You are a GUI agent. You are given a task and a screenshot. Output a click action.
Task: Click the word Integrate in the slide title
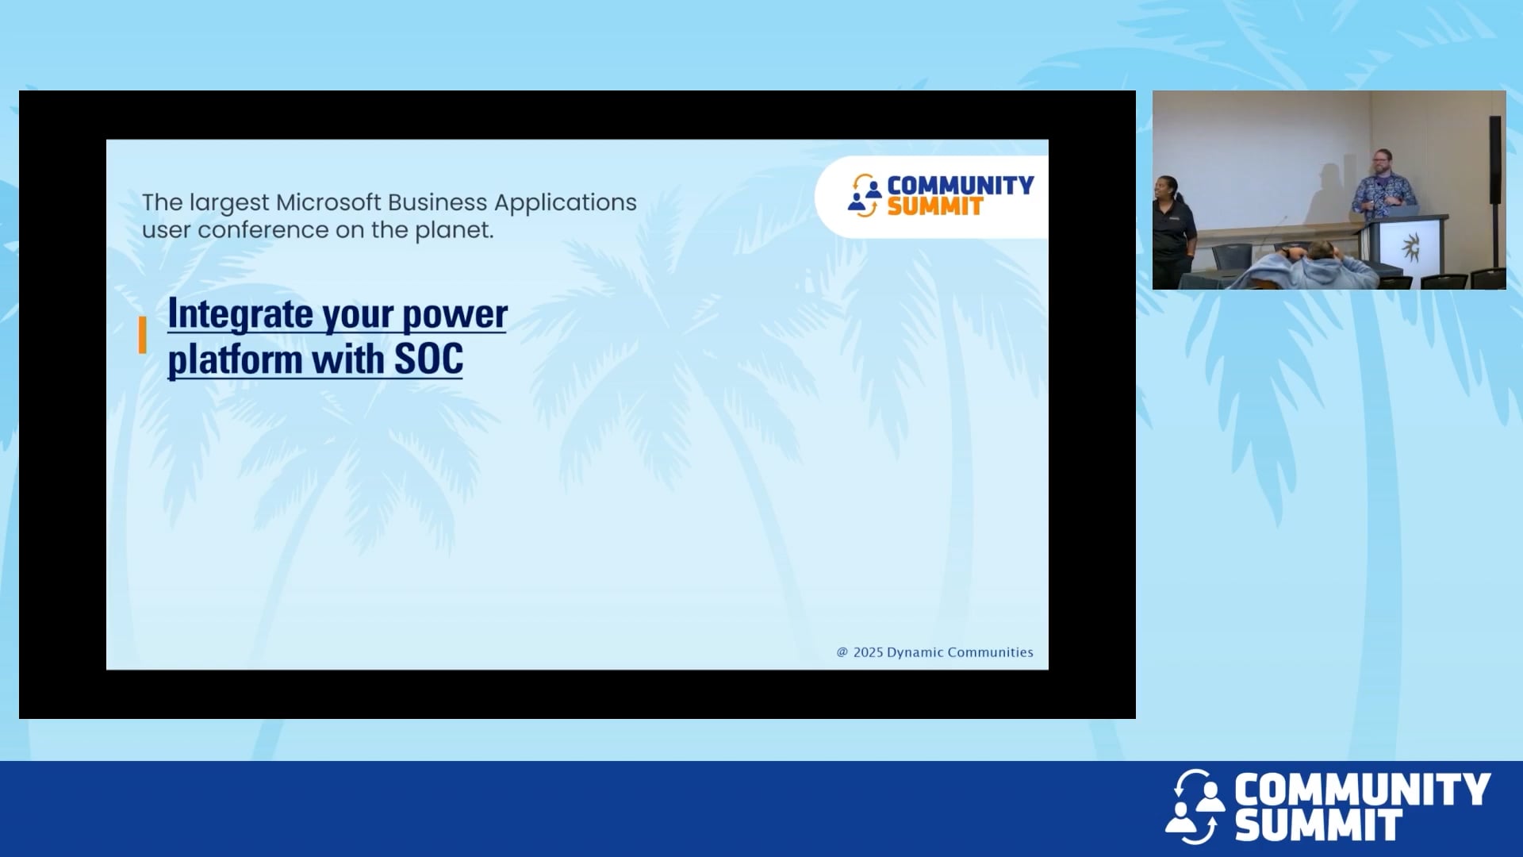(x=240, y=314)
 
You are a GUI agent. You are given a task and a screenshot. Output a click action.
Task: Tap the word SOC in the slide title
(x=428, y=359)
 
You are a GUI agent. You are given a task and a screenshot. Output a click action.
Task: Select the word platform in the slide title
(x=235, y=361)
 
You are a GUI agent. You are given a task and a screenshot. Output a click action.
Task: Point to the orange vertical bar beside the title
(x=143, y=335)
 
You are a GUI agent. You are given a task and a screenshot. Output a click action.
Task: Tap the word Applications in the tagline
(x=565, y=203)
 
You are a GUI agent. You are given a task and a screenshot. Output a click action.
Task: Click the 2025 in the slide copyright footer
(x=868, y=652)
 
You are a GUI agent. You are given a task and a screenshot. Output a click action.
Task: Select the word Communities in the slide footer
(x=990, y=652)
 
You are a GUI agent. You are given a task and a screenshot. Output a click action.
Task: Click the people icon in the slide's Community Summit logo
(x=864, y=195)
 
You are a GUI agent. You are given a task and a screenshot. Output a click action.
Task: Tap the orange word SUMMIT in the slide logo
(x=934, y=207)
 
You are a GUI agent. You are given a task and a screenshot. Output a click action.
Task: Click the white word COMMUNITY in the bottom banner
(x=1361, y=790)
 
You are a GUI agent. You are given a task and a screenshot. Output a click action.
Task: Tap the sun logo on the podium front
(x=1410, y=248)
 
